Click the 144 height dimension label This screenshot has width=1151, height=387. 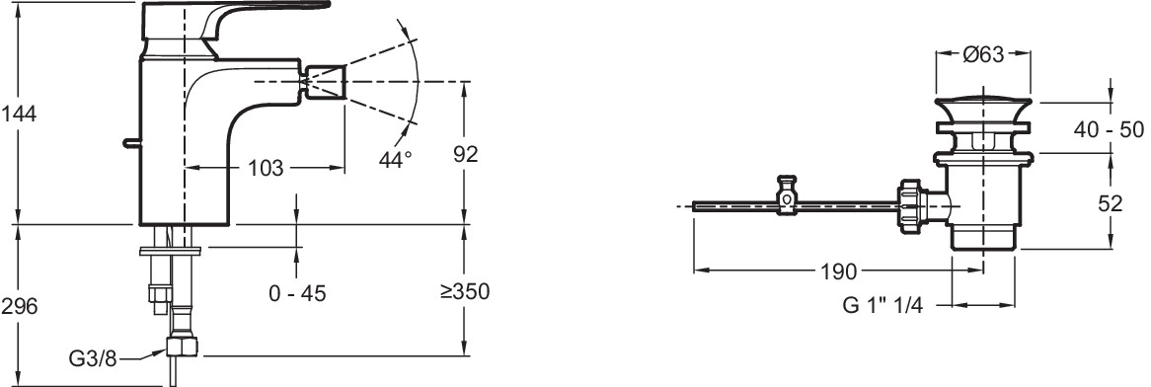(19, 114)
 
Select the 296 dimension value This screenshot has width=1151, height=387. (19, 306)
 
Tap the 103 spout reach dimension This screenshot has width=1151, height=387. (265, 168)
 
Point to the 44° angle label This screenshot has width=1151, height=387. (396, 159)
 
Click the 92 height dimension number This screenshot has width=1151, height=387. (464, 153)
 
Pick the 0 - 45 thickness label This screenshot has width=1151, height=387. (297, 294)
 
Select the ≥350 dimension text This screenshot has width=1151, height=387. (465, 291)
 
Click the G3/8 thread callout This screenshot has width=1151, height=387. (93, 358)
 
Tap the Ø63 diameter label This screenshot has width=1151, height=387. (983, 55)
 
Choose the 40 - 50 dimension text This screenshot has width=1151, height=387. (1109, 129)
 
